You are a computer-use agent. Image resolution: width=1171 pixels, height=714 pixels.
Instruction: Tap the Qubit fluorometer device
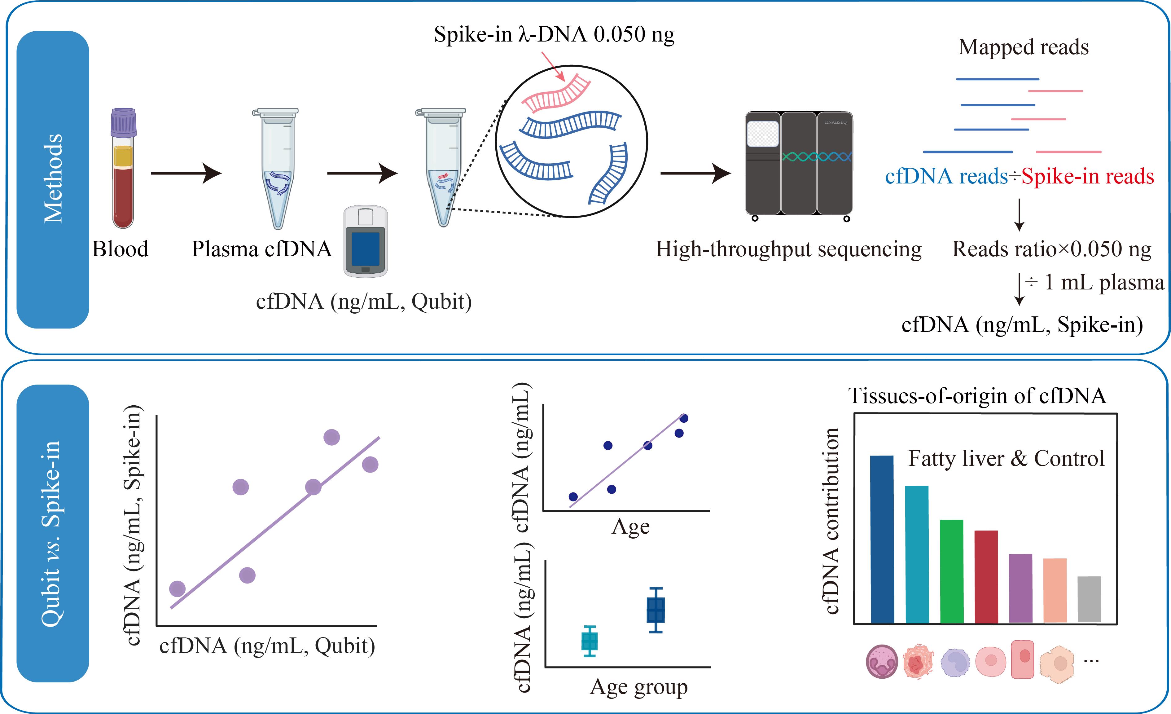(x=366, y=241)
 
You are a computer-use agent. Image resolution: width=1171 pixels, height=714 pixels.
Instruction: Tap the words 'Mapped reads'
(x=1023, y=47)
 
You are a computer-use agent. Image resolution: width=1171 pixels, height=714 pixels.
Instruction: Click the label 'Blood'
(x=120, y=249)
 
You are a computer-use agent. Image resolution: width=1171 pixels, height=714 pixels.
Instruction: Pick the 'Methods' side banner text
(x=53, y=178)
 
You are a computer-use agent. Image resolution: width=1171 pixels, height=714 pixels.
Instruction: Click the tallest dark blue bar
(x=882, y=539)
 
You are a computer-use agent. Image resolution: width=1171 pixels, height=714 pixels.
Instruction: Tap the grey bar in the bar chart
(x=1089, y=599)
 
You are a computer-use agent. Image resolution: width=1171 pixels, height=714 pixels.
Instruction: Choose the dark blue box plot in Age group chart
(x=656, y=610)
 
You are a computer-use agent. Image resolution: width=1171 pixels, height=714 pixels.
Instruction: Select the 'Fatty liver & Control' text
(x=1007, y=459)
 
